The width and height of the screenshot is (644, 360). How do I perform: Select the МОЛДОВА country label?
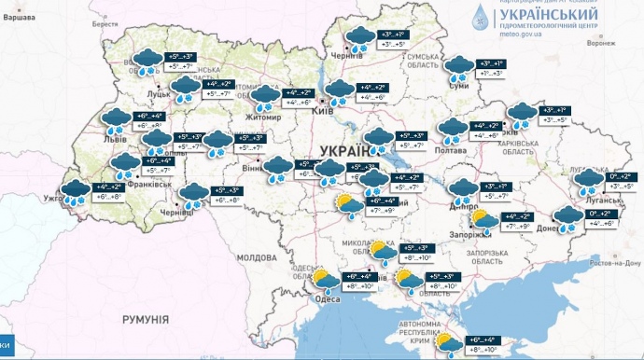point(257,256)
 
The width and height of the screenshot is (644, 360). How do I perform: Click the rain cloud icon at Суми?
point(457,68)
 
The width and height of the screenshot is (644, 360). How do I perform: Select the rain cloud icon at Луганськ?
point(588,181)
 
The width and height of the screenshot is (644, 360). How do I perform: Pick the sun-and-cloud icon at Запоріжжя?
point(483,221)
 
